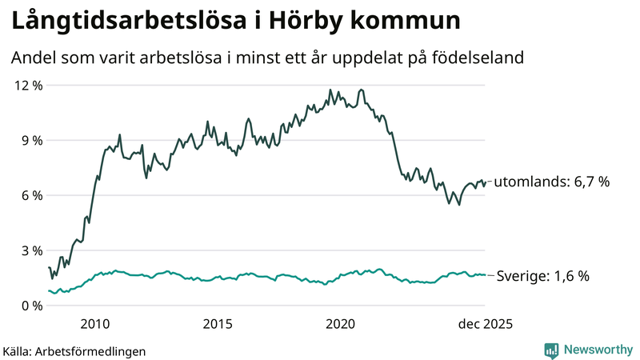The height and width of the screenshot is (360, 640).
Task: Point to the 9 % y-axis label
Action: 31,140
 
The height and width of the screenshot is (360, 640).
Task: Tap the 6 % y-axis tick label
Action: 31,195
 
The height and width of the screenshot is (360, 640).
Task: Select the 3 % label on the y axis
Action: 31,250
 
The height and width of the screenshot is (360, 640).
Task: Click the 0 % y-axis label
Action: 31,306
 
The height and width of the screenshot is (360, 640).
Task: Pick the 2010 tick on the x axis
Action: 95,324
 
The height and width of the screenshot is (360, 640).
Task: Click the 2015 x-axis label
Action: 218,324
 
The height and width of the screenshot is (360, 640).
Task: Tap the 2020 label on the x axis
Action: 341,324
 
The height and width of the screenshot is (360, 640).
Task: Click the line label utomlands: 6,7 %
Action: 551,182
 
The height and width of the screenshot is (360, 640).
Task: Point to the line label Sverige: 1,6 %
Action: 543,276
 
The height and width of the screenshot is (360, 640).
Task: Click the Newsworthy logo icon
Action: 551,350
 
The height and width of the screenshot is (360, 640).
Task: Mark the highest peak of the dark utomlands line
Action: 362,90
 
